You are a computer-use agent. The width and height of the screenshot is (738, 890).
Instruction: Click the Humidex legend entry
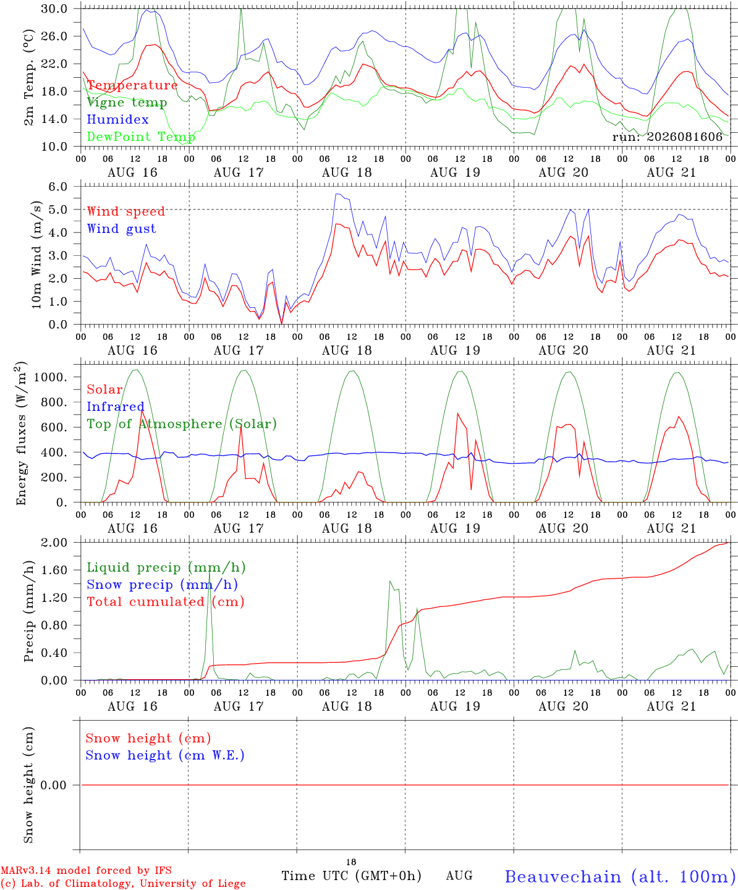coord(117,119)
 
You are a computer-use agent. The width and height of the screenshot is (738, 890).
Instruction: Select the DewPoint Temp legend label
coord(141,137)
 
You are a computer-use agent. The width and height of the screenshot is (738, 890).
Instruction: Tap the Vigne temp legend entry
coord(127,103)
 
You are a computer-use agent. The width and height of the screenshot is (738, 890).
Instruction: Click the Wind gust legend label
coord(122,229)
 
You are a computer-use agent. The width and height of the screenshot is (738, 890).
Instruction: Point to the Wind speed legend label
coord(125,211)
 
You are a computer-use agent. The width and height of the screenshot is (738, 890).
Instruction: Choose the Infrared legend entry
coord(116,407)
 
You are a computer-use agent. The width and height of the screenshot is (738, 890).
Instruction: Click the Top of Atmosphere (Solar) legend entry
coord(182,424)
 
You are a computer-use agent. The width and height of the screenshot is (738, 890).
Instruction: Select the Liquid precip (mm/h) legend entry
coord(166,568)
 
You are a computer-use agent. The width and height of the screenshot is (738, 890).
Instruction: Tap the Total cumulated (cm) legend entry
coord(166,602)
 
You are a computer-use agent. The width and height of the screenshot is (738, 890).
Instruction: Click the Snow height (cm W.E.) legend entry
coord(165,755)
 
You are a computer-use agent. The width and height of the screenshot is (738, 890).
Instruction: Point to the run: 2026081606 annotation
coord(667,137)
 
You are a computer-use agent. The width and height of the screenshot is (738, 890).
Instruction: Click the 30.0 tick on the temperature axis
coord(54,9)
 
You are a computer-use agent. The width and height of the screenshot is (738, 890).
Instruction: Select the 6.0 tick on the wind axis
coord(58,187)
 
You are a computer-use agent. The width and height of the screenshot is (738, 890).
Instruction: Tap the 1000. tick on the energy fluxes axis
coord(51,377)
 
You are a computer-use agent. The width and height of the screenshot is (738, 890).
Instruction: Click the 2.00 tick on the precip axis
coord(54,543)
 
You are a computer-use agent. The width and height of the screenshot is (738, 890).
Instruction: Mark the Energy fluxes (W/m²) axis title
coord(21,433)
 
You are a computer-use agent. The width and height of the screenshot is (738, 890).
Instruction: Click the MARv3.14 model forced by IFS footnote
coord(86,870)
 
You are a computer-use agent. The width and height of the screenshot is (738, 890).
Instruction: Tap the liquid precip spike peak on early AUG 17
coord(210,572)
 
